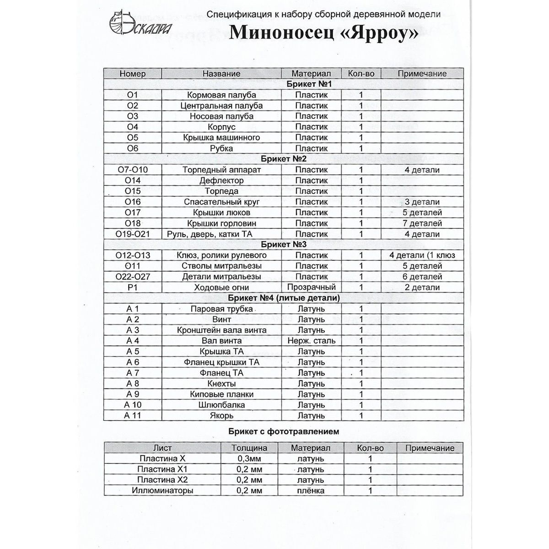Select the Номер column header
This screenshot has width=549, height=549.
(x=132, y=74)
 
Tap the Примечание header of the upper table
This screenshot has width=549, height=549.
(x=422, y=74)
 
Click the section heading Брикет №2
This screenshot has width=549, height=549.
(x=283, y=159)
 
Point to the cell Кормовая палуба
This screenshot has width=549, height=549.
(x=221, y=95)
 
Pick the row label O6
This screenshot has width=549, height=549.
(x=132, y=148)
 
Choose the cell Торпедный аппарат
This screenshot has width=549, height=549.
(x=221, y=170)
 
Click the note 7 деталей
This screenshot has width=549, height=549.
(x=422, y=223)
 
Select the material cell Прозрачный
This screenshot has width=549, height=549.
(x=311, y=287)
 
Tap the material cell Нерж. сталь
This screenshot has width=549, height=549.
(x=311, y=341)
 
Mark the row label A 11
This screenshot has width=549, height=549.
(x=132, y=416)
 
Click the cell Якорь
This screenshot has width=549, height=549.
(x=221, y=416)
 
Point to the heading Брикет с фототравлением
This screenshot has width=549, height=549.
(x=283, y=431)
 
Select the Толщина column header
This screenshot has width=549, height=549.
(x=249, y=448)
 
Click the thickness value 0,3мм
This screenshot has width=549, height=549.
(x=249, y=459)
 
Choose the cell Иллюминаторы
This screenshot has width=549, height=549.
(x=162, y=491)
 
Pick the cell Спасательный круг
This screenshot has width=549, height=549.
(x=221, y=202)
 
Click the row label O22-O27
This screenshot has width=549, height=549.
(x=132, y=277)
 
